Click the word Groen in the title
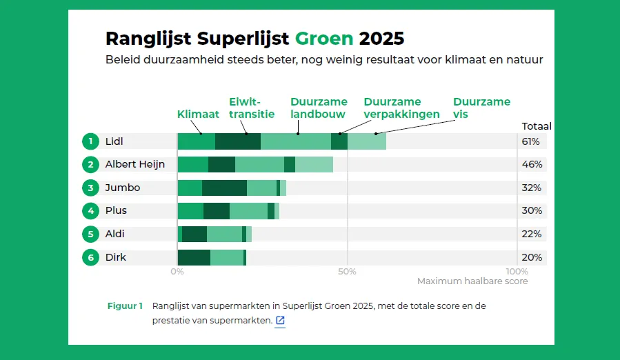[x=324, y=37]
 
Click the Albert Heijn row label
[x=135, y=164]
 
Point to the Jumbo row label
[x=123, y=188]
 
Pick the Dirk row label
[x=116, y=257]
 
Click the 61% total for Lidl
[x=531, y=141]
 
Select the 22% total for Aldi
[x=531, y=234]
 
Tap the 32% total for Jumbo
[x=531, y=188]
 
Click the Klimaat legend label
[x=198, y=114]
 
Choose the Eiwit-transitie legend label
[x=252, y=108]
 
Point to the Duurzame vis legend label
[x=481, y=108]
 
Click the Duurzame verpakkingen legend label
[x=401, y=108]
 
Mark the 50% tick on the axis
[x=348, y=271]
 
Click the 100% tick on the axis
[x=517, y=271]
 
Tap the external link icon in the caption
[x=280, y=321]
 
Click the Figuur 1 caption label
[x=125, y=306]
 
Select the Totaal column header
[x=536, y=126]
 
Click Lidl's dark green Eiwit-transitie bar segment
[x=238, y=141]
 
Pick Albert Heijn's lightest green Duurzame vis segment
[x=314, y=164]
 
